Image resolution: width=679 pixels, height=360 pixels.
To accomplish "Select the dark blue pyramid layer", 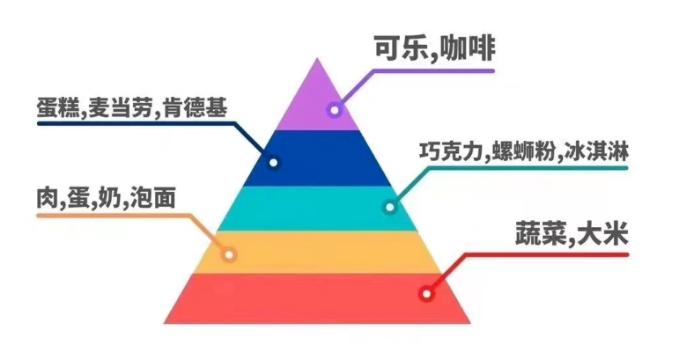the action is pos(317,158).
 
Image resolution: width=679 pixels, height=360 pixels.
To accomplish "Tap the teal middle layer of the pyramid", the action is pos(317,208).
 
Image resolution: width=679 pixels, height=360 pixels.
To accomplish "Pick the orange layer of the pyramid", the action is pos(317,252).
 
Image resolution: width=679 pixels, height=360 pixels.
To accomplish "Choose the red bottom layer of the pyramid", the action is pos(317,298).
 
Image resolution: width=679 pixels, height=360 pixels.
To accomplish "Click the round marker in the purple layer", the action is pos(334,110).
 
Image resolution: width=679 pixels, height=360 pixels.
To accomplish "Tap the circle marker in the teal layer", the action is pos(389,208).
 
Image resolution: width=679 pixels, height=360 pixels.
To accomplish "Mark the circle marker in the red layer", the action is pos(427,294).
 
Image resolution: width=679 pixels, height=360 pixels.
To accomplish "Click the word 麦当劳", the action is pos(127,108).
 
